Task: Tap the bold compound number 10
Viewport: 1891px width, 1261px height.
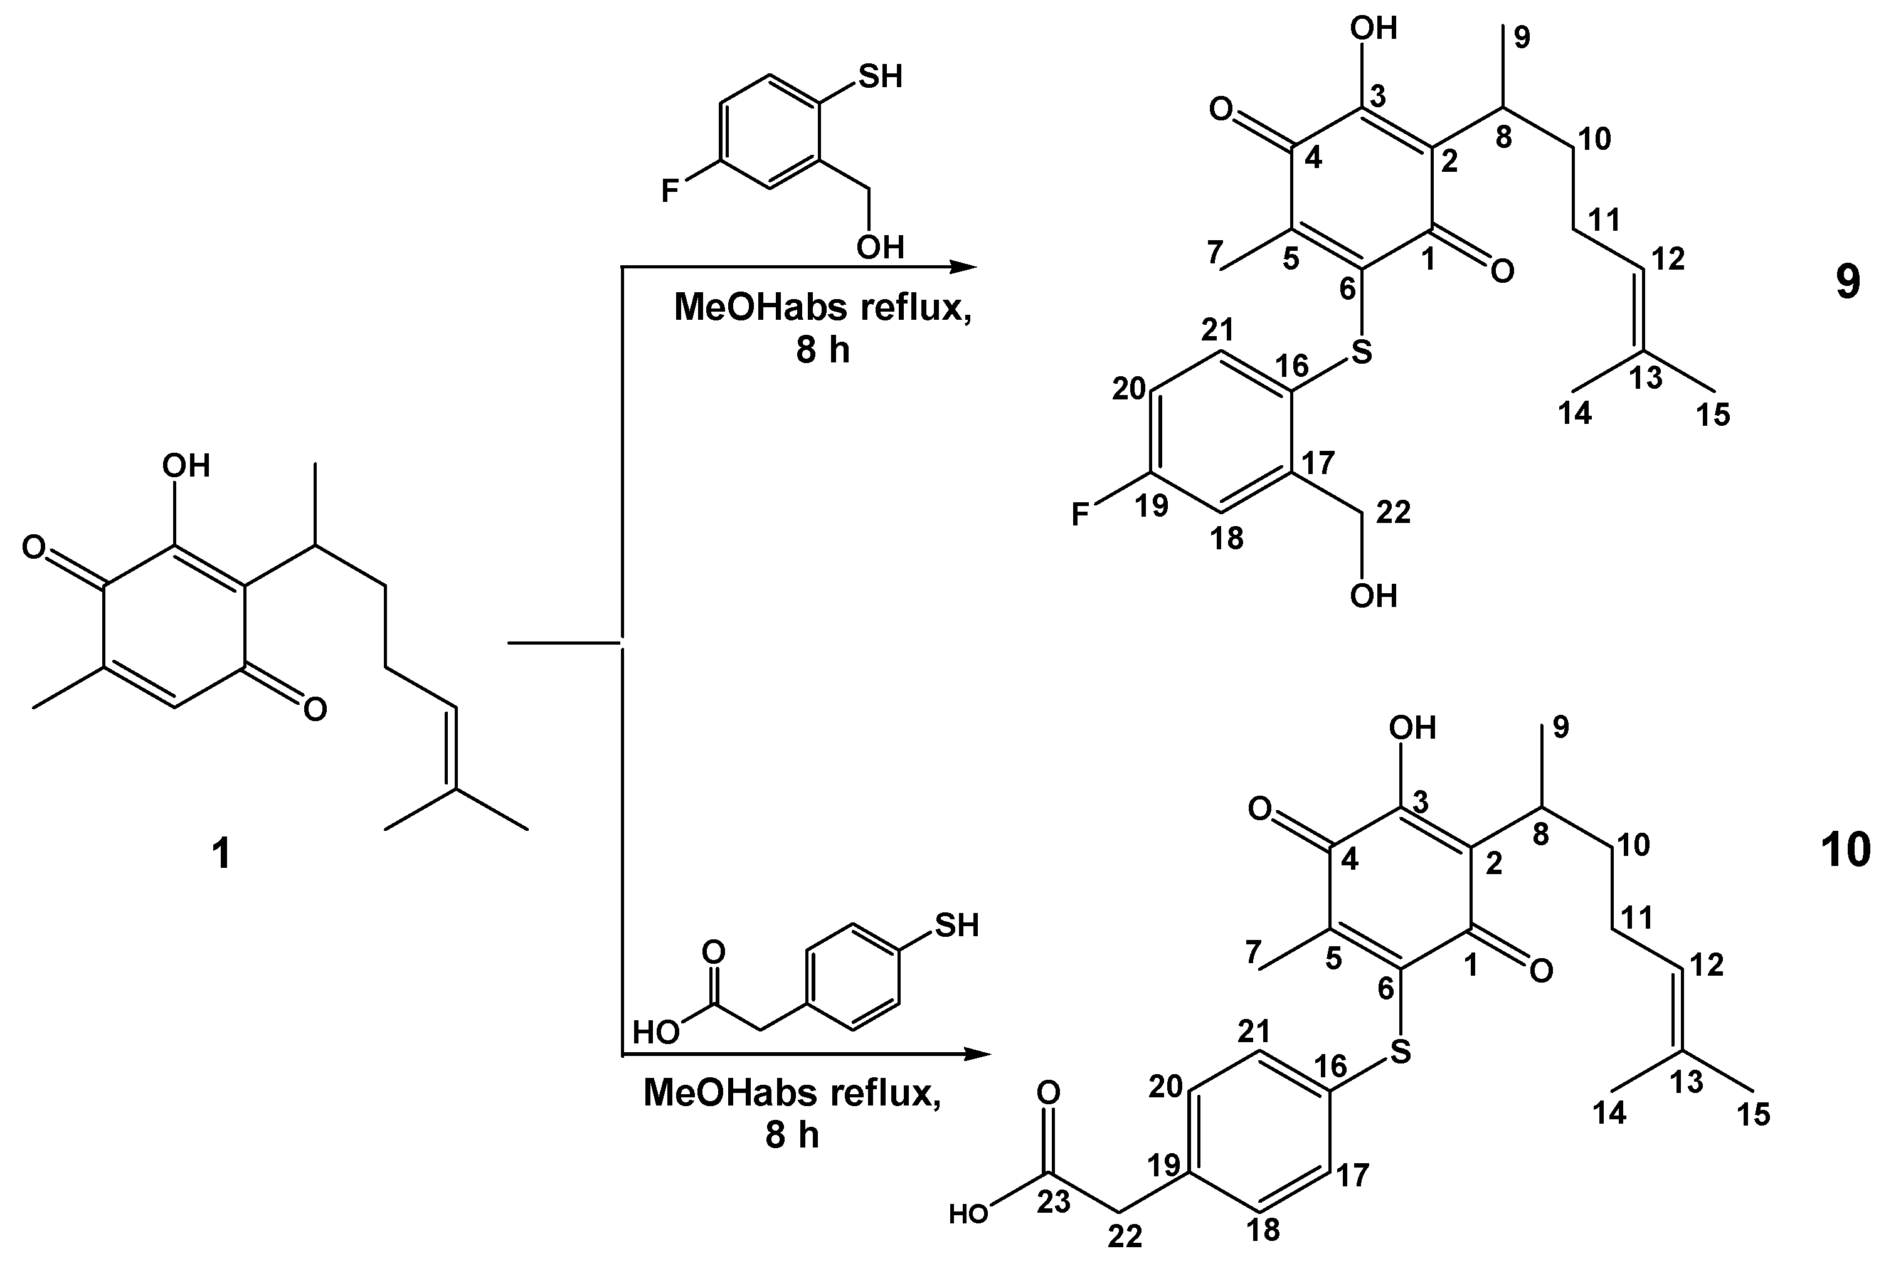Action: (1845, 850)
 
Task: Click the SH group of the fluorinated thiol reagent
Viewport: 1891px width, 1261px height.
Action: (881, 77)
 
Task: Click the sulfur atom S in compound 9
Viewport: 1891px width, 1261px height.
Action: (1361, 351)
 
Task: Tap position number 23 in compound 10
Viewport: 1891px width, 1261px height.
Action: (1054, 1202)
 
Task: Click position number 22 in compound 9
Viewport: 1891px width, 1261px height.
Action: (1394, 512)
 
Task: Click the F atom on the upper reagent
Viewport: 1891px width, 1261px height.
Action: (669, 191)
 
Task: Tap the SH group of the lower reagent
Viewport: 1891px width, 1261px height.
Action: (956, 925)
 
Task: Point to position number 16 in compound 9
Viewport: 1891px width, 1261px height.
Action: (1293, 366)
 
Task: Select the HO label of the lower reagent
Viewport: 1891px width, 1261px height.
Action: (656, 1031)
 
